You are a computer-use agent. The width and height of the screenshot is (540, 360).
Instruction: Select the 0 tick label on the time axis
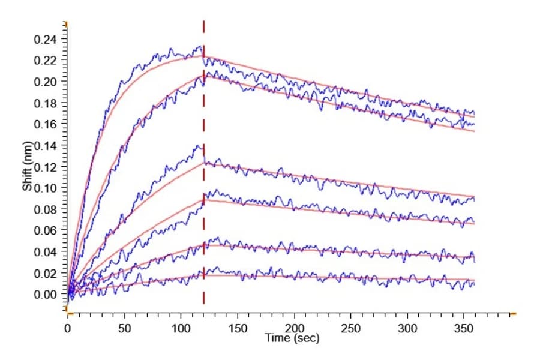pyautogui.click(x=67, y=329)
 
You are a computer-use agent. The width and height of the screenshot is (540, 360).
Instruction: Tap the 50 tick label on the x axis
pyautogui.click(x=124, y=329)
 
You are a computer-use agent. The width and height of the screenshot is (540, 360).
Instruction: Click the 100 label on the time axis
pyautogui.click(x=181, y=329)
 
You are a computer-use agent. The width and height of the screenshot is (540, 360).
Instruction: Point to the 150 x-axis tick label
pyautogui.click(x=238, y=329)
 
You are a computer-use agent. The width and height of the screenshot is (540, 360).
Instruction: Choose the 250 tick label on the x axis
pyautogui.click(x=350, y=329)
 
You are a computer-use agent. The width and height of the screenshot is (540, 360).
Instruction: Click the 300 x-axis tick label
pyautogui.click(x=407, y=329)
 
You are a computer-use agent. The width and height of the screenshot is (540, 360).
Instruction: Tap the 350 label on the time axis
pyautogui.click(x=464, y=329)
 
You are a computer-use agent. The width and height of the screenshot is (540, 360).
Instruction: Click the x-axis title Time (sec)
pyautogui.click(x=292, y=338)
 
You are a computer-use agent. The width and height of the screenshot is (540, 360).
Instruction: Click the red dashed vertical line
pyautogui.click(x=203, y=162)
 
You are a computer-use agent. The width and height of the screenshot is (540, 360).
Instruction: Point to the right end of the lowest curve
pyautogui.click(x=475, y=284)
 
